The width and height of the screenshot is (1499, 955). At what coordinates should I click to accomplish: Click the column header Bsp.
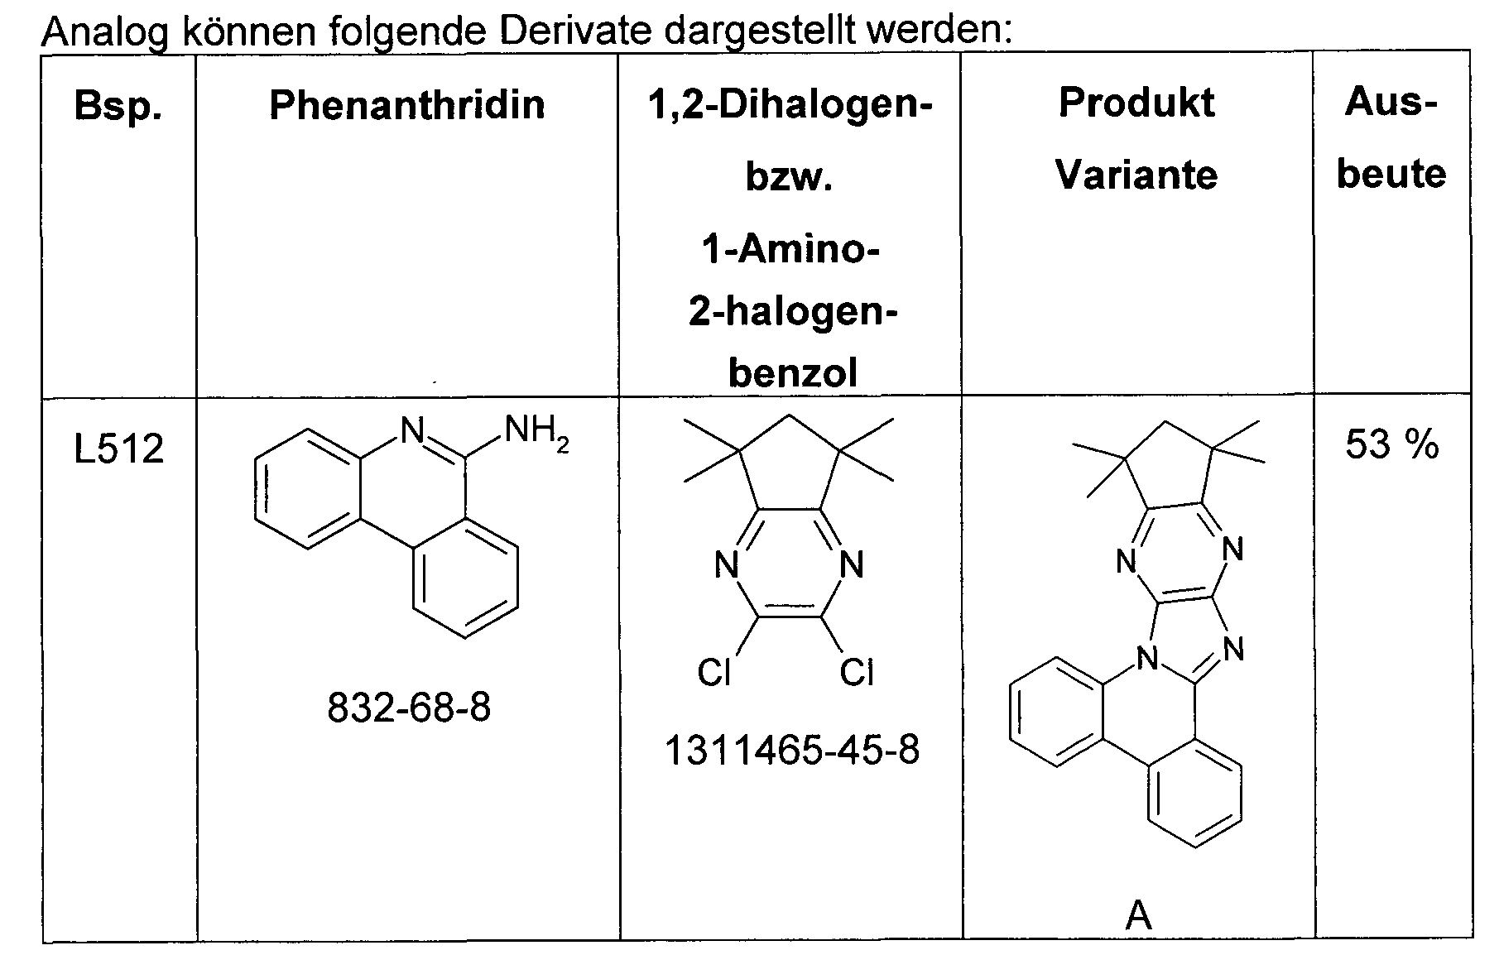click(118, 106)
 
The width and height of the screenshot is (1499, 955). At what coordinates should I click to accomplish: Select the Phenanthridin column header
click(407, 105)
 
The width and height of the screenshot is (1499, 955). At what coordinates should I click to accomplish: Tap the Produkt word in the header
click(1136, 103)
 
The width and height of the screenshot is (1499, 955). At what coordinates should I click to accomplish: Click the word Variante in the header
click(1136, 175)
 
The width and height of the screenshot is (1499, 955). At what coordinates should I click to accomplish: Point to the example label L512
click(119, 449)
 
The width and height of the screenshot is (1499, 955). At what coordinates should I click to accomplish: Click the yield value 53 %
click(1392, 444)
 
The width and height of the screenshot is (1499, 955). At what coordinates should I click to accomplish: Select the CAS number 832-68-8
click(409, 708)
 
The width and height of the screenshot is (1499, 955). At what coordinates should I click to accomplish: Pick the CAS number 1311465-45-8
click(792, 751)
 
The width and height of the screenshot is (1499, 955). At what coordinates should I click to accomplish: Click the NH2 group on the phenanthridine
click(536, 432)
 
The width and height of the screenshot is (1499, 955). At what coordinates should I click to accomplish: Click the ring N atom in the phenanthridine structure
click(411, 430)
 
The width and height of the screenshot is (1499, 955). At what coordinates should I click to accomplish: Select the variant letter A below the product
click(1139, 916)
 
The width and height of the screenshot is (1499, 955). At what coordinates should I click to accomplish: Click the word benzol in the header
click(792, 374)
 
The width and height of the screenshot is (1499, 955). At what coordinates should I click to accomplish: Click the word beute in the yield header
click(1391, 174)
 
